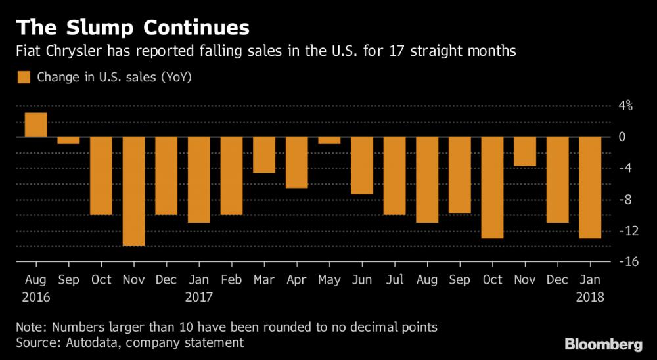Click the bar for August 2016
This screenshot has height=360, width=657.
coord(35,125)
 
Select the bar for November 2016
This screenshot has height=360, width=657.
coord(133,191)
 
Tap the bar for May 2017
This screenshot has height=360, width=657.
coord(329,140)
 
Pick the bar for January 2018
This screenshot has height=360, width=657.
coord(590,188)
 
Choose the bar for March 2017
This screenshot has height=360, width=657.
coord(264,155)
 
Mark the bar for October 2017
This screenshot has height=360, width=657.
coord(492,188)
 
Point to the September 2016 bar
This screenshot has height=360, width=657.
coord(68,140)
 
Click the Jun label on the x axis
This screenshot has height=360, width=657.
coord(362,280)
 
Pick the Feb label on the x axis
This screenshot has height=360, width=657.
coord(231,280)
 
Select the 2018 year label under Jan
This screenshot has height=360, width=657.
coord(591,298)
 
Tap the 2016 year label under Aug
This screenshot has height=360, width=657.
coord(35,298)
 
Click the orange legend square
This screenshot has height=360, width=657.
coord(24,78)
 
